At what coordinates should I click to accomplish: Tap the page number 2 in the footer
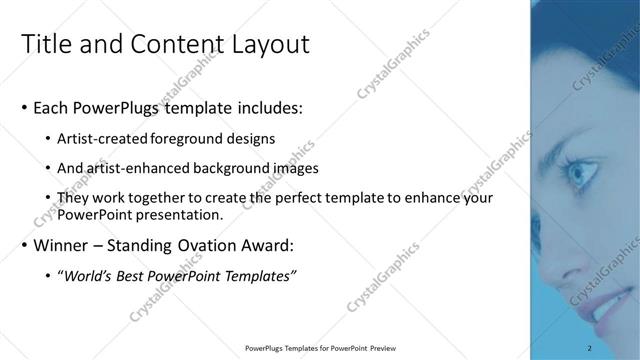coord(590,347)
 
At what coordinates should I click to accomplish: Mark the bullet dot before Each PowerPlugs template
coord(24,107)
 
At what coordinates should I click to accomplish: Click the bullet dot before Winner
coord(24,246)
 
